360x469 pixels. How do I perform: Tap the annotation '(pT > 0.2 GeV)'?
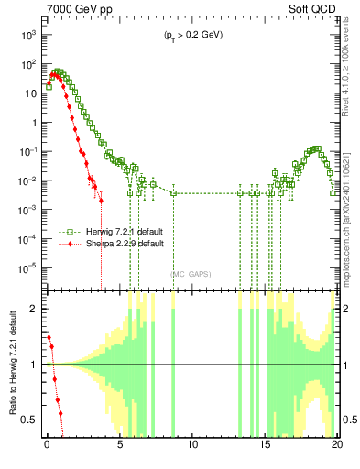tap(191, 36)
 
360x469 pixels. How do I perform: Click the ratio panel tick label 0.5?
tap(32, 420)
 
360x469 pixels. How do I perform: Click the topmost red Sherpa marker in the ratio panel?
tap(49, 337)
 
